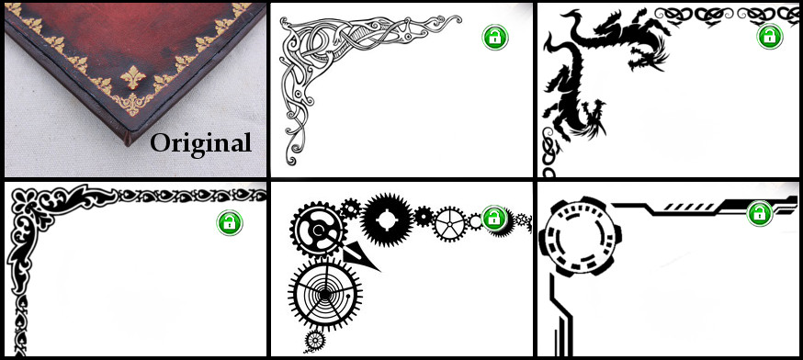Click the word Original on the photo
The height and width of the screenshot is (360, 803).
pos(200,143)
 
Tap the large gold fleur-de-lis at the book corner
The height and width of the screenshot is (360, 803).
pos(132,77)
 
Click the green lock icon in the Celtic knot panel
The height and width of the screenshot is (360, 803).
pos(494,37)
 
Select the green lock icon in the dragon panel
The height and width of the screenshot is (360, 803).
pos(770,37)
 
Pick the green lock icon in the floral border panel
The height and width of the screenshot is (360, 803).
pos(230,223)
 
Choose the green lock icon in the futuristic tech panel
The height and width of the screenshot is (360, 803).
pos(760,214)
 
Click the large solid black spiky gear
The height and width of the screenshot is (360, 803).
pos(387,219)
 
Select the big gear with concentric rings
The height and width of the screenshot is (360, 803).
pos(325,294)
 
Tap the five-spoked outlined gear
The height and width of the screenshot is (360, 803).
pos(450,224)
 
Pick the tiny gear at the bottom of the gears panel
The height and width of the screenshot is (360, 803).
pos(315,340)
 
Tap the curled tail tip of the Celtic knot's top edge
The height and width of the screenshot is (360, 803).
pos(455,18)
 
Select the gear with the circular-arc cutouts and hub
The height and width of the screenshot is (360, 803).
pos(318,230)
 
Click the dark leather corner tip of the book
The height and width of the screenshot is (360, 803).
pos(128,141)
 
